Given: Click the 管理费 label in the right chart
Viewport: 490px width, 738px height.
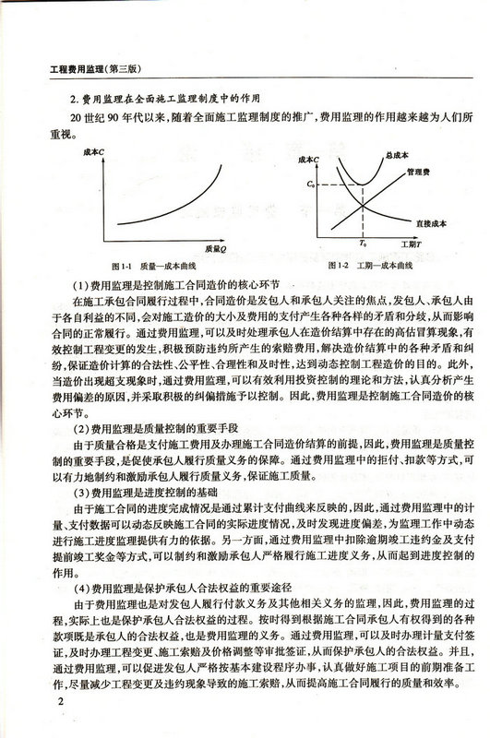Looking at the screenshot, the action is click(x=420, y=171).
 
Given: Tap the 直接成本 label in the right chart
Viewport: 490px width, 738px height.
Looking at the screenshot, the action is click(x=429, y=222).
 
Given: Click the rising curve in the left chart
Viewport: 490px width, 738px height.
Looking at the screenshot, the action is click(x=185, y=202).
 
